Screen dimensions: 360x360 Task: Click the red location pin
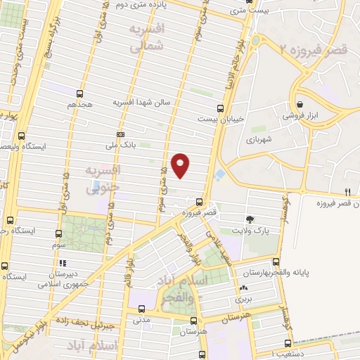tap(181, 165)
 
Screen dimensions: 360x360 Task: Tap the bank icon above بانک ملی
tap(120, 134)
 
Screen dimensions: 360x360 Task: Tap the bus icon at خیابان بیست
tap(220, 108)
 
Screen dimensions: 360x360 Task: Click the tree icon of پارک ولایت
tap(250, 219)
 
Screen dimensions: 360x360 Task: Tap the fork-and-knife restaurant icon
tap(347, 191)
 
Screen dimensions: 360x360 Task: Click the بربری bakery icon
tap(243, 288)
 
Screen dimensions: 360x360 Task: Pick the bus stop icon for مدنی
tap(142, 308)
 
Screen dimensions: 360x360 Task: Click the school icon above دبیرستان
tap(60, 264)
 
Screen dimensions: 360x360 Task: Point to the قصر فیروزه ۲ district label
tap(314, 49)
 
